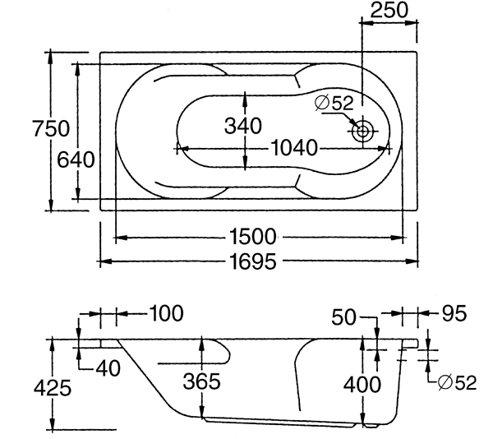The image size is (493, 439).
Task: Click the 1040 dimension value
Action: point(293,149)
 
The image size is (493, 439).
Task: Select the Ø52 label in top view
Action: point(334,104)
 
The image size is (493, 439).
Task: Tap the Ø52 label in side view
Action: point(458,382)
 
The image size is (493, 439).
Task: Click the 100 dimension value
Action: point(167,313)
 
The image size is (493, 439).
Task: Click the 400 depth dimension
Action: point(362,384)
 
